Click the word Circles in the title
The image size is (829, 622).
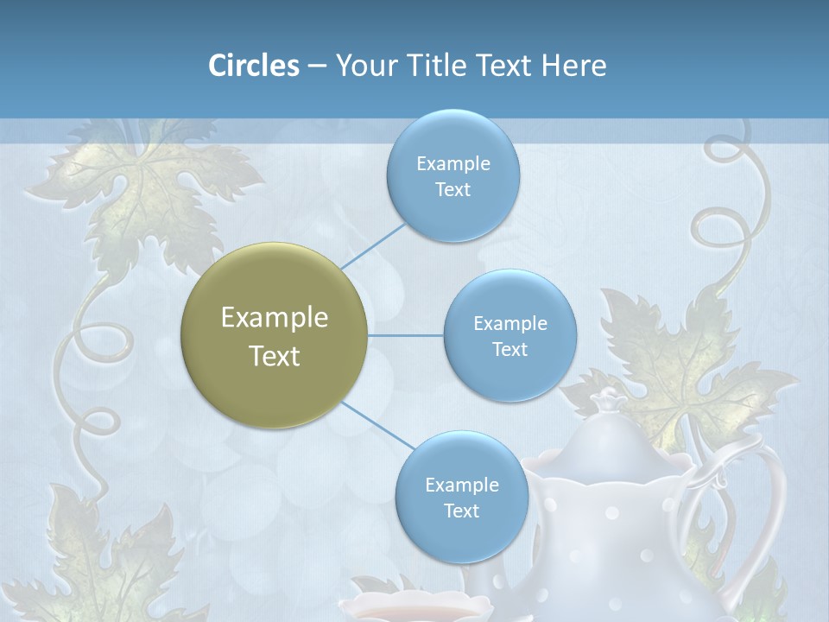[254, 66]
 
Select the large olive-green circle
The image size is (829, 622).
[275, 336]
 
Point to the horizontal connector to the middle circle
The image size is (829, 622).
[406, 335]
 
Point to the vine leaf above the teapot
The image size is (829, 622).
[691, 363]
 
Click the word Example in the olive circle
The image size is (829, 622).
[275, 318]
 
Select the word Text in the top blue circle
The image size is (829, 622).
[452, 190]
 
